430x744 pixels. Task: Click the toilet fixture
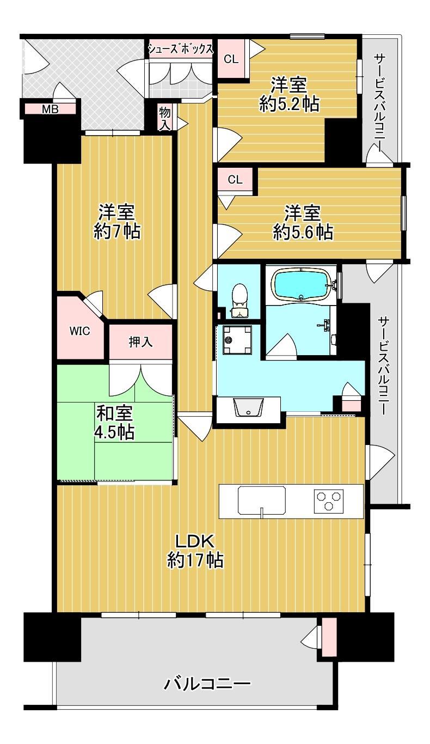point(239,301)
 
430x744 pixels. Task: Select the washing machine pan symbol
point(237,340)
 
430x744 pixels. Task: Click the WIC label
point(79,331)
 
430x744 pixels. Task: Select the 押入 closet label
point(141,342)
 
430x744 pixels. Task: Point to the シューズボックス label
point(180,49)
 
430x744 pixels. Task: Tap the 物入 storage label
point(164,118)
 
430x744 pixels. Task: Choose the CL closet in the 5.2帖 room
point(231,59)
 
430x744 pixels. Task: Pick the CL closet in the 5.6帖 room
point(235,179)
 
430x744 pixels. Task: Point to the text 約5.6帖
point(303,232)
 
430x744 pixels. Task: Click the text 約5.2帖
point(289,104)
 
